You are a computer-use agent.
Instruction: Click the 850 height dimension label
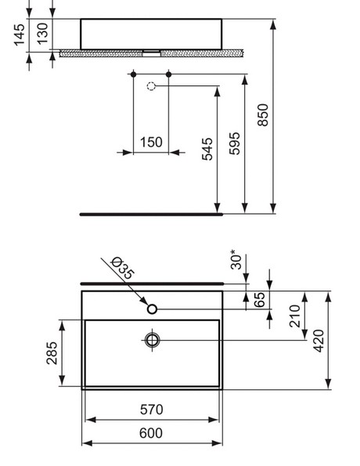coord(263,115)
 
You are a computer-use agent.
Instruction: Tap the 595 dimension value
coord(235,143)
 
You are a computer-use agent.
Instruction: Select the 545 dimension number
coord(207,149)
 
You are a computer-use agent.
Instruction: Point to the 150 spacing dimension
coord(151,142)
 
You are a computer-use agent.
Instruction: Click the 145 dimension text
coord(20,35)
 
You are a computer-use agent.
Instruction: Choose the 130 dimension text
coord(42,34)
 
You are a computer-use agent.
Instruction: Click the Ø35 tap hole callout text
coord(123,268)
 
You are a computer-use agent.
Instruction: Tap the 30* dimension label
coord(236,259)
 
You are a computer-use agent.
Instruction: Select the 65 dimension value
coord(260,299)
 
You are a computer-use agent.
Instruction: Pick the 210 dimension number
coord(295,316)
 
